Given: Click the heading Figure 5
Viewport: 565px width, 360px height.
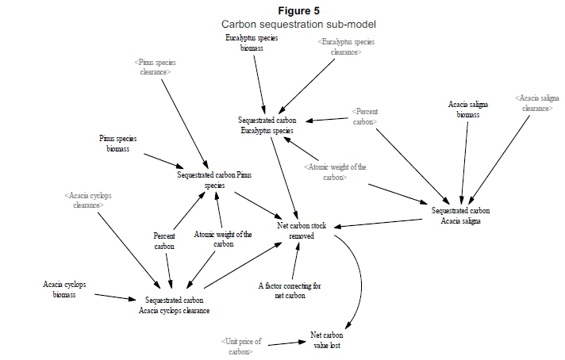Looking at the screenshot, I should point(299,10).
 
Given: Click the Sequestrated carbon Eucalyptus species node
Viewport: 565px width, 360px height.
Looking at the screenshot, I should point(266,124).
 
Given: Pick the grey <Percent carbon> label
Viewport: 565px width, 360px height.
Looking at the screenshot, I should point(365,117).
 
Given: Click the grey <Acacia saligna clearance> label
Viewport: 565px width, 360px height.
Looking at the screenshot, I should point(533,103).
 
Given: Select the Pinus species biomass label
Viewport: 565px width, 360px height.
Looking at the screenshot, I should point(118,143).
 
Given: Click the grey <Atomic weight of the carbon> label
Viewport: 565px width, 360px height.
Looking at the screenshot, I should point(335,171).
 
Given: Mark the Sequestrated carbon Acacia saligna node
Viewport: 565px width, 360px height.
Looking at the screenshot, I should point(461,216).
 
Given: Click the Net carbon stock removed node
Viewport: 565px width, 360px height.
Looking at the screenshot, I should point(302,232).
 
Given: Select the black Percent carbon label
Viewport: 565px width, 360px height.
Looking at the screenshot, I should point(164,241).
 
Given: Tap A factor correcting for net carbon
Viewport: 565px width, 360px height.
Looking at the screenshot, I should point(290,290).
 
